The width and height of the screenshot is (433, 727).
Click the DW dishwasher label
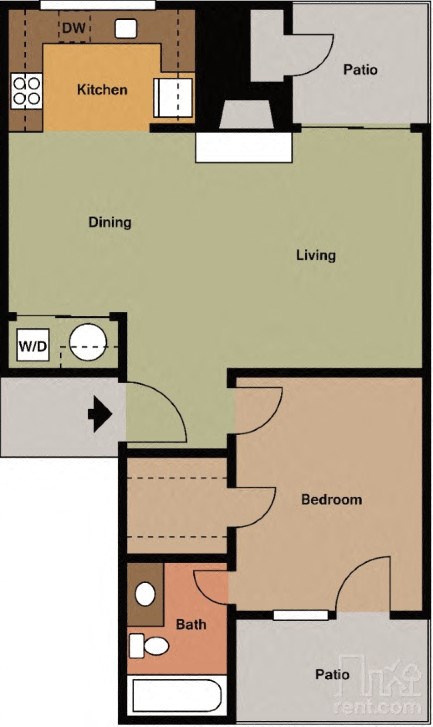72,29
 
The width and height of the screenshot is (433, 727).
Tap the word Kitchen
102,90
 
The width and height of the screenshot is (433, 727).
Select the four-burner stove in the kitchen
26,92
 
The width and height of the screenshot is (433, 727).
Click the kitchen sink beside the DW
125,29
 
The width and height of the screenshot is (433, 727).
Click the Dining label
110,222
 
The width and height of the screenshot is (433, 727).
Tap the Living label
315,255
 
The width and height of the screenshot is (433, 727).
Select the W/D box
32,347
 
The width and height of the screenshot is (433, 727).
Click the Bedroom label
331,499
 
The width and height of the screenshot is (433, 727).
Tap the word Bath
191,625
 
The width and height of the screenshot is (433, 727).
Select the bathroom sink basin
145,594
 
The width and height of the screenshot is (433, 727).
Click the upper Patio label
361,70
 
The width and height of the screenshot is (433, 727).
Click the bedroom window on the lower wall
301,614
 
